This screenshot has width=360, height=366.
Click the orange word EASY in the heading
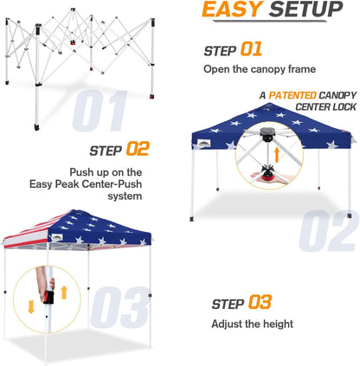tap(228, 11)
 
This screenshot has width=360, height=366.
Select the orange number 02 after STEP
tap(139, 149)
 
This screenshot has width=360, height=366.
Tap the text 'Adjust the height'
tap(251, 324)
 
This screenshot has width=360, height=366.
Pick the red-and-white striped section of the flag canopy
tap(26, 234)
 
